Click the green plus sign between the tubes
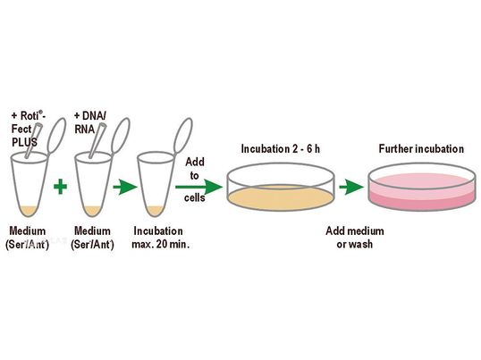(61, 187)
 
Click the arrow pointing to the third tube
(125, 187)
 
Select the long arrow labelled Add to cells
(198, 187)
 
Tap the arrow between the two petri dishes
(351, 187)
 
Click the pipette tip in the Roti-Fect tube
(33, 140)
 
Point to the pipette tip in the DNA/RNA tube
(97, 140)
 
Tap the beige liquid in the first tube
(29, 210)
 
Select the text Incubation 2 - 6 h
(281, 149)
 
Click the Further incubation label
(421, 149)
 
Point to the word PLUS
(24, 142)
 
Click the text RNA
(84, 130)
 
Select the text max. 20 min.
(160, 244)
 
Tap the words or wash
(355, 244)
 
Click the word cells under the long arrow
(195, 197)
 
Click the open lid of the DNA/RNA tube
(121, 135)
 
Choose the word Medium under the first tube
(28, 230)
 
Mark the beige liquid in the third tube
(155, 211)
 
